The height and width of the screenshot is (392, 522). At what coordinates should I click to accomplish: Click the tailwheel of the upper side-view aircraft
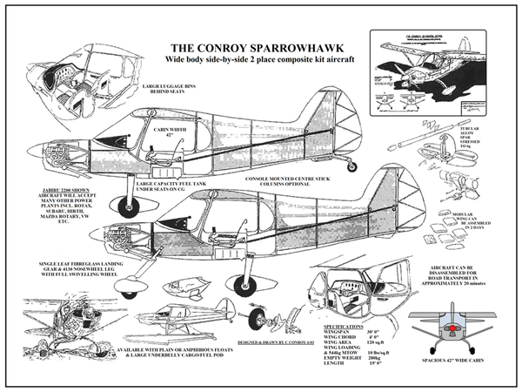pyautogui.click(x=351, y=166)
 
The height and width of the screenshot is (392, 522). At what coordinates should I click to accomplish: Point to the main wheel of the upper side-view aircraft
pyautogui.click(x=128, y=206)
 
